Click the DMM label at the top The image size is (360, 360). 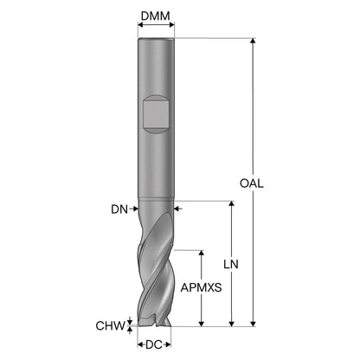[x=156, y=16]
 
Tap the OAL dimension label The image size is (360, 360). [x=252, y=183]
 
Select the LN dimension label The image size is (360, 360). [x=231, y=264]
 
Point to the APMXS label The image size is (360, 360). [x=202, y=287]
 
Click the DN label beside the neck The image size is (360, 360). [x=119, y=209]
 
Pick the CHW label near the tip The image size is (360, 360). [x=111, y=326]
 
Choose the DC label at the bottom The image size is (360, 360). [x=154, y=344]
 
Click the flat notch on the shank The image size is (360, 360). [x=156, y=114]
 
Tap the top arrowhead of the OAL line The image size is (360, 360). [x=253, y=41]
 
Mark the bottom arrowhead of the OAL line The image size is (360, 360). [x=253, y=324]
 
